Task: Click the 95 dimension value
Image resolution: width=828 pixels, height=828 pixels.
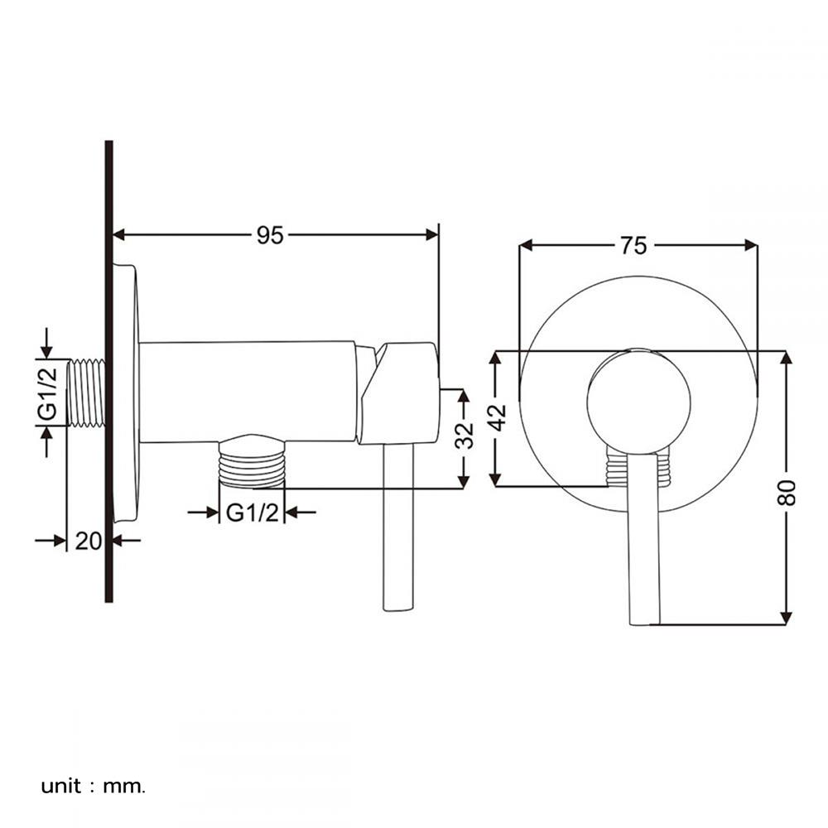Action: [270, 235]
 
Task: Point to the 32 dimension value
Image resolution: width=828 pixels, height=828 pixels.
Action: [466, 436]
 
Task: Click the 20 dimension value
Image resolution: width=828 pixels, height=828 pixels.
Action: [88, 542]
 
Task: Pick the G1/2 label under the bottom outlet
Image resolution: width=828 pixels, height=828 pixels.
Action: [252, 513]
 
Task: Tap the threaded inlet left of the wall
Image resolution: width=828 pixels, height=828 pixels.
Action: [85, 392]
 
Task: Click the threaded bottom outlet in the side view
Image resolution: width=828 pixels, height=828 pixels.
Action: [252, 464]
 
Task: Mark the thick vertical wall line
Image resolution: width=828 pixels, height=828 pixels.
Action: [108, 373]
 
